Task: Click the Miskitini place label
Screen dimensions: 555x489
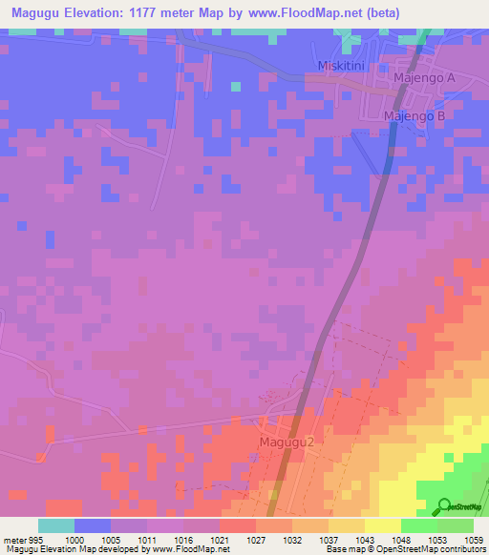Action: click(341, 65)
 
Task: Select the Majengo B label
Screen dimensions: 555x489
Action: click(415, 116)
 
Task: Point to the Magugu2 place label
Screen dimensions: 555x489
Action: click(287, 442)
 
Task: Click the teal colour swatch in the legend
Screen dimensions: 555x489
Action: click(56, 525)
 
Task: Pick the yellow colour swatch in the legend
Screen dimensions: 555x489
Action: click(383, 525)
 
